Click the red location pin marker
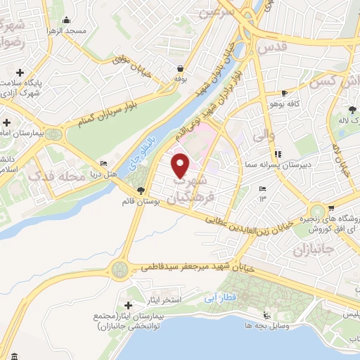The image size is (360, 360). point(181,166)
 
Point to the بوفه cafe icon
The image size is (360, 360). point(181,69)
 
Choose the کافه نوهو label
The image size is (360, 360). point(301,103)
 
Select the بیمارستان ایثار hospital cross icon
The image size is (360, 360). point(128,306)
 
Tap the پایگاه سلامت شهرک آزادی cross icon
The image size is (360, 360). point(20,72)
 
